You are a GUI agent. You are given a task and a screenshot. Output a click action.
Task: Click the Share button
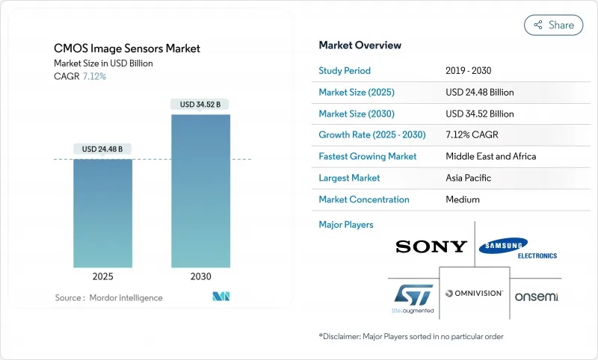coord(553,25)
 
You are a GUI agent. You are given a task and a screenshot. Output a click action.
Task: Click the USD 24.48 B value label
coord(102,149)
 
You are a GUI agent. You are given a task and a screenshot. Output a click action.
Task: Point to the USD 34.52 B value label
coord(200,105)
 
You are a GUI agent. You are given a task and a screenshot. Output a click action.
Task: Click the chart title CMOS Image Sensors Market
coord(127,49)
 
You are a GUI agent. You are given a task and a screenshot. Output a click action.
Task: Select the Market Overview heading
coord(360,45)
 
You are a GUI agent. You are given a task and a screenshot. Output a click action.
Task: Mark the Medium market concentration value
coord(463,199)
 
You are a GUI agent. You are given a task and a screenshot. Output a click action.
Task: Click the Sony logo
coord(431,246)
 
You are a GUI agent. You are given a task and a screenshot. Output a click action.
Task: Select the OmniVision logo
coord(474,294)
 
